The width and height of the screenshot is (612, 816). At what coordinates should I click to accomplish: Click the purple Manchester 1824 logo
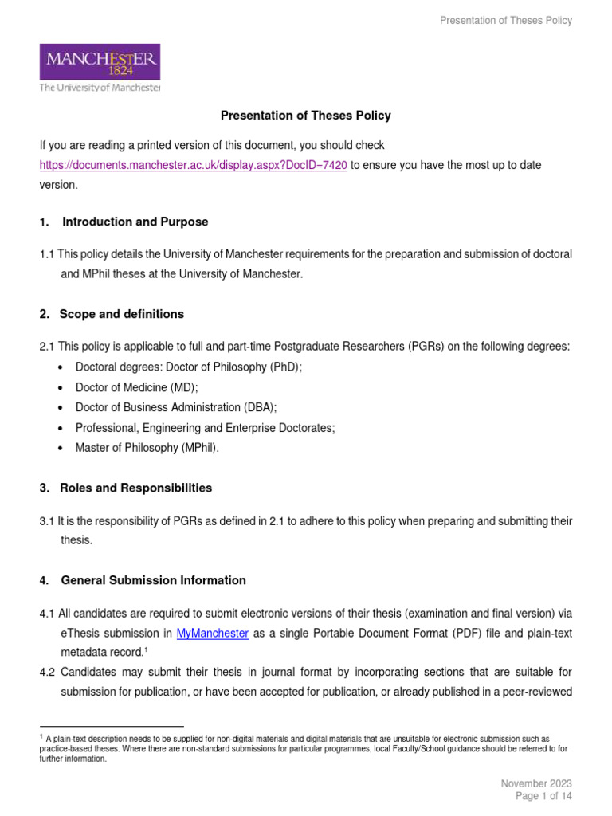pyautogui.click(x=100, y=61)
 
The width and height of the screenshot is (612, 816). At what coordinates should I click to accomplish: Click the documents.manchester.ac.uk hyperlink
pyautogui.click(x=194, y=165)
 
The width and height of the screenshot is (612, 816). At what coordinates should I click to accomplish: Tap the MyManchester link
pyautogui.click(x=212, y=634)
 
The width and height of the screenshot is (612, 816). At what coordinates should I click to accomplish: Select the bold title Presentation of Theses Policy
pyautogui.click(x=305, y=116)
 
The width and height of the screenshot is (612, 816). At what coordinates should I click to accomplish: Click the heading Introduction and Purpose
pyautogui.click(x=135, y=222)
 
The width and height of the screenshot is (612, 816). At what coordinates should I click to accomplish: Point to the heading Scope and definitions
pyautogui.click(x=121, y=314)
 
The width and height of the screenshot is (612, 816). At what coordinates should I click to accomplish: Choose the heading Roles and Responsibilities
pyautogui.click(x=135, y=488)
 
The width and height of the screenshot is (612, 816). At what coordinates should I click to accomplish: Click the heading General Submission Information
pyautogui.click(x=153, y=580)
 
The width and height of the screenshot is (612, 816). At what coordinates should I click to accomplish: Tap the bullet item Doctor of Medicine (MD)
pyautogui.click(x=136, y=386)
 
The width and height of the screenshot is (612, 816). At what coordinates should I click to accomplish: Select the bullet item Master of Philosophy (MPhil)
pyautogui.click(x=147, y=448)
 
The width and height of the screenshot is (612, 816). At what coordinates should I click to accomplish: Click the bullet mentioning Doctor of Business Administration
pyautogui.click(x=176, y=407)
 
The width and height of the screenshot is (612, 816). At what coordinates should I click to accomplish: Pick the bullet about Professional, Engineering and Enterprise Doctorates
pyautogui.click(x=205, y=427)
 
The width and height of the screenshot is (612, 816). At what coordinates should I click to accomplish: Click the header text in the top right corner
pyautogui.click(x=506, y=21)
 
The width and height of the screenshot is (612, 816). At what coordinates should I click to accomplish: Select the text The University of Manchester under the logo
pyautogui.click(x=100, y=88)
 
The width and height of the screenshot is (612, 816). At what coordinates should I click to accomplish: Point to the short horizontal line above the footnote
pyautogui.click(x=112, y=727)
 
